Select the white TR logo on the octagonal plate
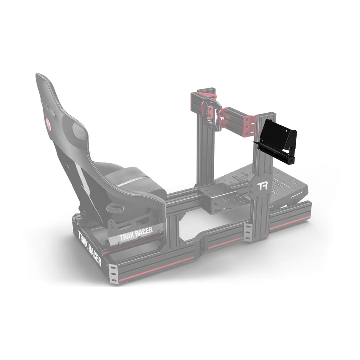[x=262, y=186]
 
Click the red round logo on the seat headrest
[x=48, y=123]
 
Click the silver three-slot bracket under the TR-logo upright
[x=248, y=232]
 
